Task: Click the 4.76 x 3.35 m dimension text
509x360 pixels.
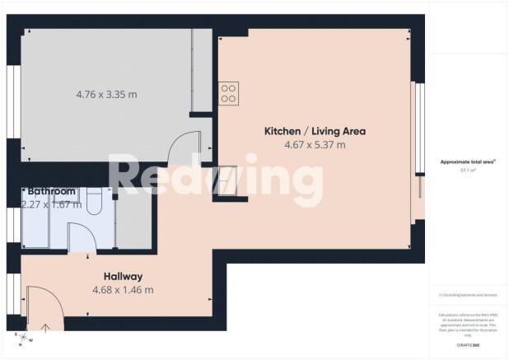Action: [x=106, y=94]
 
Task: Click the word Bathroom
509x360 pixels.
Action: [x=51, y=191]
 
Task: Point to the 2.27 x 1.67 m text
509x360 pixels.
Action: [x=51, y=204]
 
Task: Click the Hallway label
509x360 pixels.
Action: [x=124, y=276]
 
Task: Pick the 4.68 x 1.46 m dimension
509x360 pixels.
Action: [x=124, y=289]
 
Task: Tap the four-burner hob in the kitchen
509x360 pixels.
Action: [x=228, y=92]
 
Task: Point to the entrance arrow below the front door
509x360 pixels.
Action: [x=45, y=326]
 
